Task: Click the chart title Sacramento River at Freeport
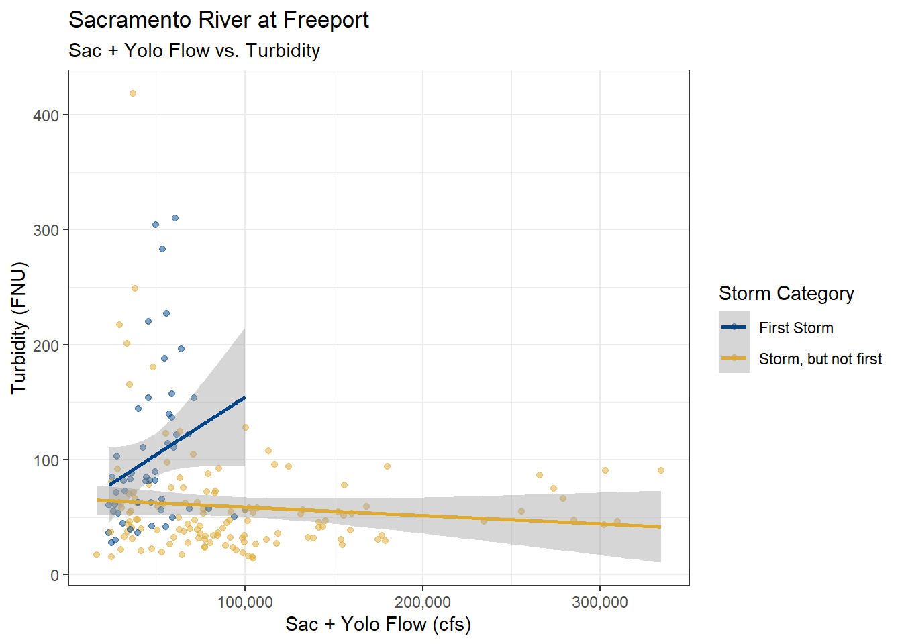[x=219, y=20]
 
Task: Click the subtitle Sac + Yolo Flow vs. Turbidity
[x=195, y=50]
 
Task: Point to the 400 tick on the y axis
[x=46, y=115]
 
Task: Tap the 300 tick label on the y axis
[x=46, y=230]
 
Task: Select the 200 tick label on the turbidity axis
[x=46, y=345]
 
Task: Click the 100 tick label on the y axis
[x=46, y=460]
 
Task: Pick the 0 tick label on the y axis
[x=54, y=576]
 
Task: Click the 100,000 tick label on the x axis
[x=245, y=602]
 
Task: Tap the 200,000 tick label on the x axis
[x=423, y=602]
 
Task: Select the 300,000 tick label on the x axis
[x=600, y=602]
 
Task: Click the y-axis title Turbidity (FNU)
[x=18, y=328]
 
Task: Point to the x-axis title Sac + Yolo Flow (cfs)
[x=379, y=624]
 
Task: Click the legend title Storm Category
[x=787, y=293]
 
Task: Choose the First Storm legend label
[x=796, y=328]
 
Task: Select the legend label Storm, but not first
[x=820, y=359]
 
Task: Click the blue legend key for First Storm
[x=734, y=327]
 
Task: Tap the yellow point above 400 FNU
[x=133, y=93]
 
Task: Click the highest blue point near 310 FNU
[x=175, y=218]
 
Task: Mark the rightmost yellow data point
[x=661, y=470]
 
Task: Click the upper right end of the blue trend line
[x=244, y=398]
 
